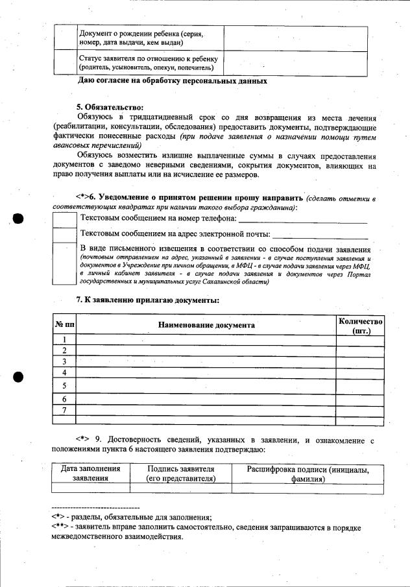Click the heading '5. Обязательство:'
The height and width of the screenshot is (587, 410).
tap(109, 107)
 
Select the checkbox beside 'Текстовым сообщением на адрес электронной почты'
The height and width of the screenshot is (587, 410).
tap(64, 234)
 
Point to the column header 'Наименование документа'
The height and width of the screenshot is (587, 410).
tap(206, 325)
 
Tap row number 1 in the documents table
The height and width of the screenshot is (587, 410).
tap(64, 340)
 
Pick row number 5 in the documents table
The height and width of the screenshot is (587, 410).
tap(64, 386)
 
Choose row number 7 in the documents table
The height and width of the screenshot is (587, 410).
tap(64, 410)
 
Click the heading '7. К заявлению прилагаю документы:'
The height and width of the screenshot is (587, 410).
tap(148, 300)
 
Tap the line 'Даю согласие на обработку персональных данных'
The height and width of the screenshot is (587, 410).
tap(172, 81)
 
